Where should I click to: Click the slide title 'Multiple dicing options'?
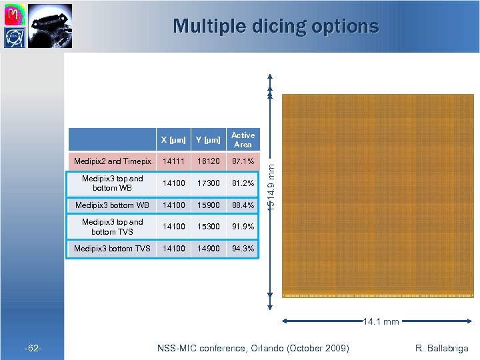tap(275, 27)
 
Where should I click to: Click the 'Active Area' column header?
tap(243, 140)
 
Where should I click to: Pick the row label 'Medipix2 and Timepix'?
tap(113, 161)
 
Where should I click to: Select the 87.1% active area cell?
tap(243, 161)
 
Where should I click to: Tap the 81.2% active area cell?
tap(243, 183)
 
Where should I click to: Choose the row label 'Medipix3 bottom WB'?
tap(113, 205)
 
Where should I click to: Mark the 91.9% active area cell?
tap(243, 227)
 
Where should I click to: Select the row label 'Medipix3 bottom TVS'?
tap(113, 249)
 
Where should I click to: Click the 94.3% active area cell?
tap(243, 249)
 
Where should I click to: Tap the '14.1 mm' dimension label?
tap(381, 322)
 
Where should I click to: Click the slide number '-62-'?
tap(34, 348)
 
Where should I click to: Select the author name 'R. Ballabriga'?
tap(442, 348)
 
